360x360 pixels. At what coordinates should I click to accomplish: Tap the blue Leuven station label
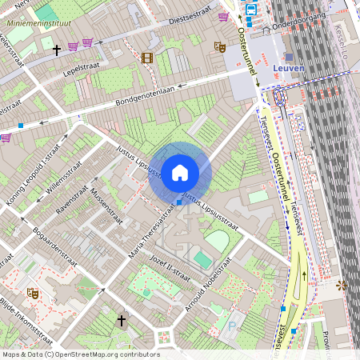click(x=289, y=69)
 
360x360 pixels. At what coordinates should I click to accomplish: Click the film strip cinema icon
click(x=146, y=58)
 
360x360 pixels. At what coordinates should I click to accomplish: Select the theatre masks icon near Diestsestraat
click(x=219, y=47)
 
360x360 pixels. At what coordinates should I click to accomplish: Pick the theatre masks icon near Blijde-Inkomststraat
click(x=33, y=294)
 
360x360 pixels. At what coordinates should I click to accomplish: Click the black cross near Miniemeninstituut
click(x=56, y=50)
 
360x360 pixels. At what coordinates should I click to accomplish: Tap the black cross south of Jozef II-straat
click(x=122, y=321)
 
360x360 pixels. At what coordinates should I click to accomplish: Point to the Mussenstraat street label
click(x=106, y=205)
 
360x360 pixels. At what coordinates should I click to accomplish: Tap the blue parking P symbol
click(x=232, y=326)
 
